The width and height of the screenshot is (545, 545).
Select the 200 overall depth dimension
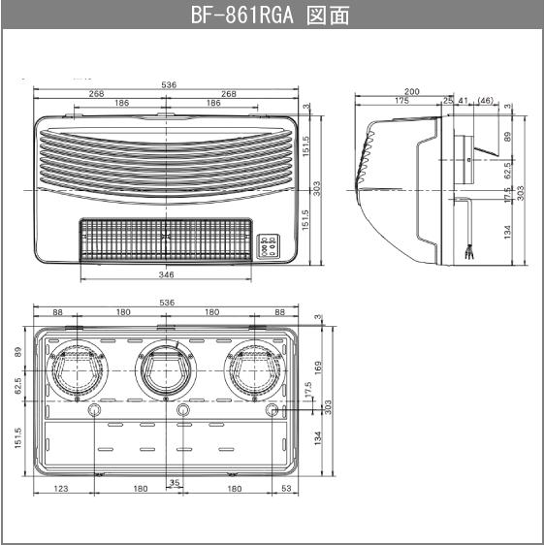click(x=412, y=91)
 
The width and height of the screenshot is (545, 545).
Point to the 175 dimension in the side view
click(x=401, y=101)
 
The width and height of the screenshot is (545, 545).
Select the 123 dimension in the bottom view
click(x=61, y=489)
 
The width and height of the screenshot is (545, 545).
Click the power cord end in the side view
click(x=471, y=254)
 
